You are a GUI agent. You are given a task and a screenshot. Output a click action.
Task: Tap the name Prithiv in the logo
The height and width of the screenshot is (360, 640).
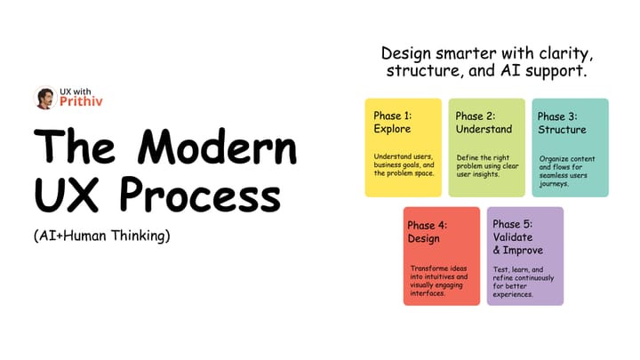point(81,104)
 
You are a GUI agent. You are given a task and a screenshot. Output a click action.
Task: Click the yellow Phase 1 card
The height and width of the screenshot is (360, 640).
point(403,147)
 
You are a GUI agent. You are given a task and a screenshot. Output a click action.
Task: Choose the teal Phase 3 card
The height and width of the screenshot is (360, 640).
point(570,147)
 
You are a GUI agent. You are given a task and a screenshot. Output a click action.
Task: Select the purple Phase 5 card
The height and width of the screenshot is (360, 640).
point(524,256)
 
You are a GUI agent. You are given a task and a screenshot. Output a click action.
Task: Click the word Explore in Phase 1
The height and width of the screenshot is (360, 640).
point(392,130)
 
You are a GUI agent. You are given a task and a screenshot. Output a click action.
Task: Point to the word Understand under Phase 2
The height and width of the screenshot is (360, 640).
point(484,130)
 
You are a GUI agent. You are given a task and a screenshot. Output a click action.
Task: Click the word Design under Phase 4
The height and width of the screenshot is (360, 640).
point(424,239)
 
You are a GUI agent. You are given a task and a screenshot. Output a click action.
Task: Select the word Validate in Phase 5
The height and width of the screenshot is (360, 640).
point(512,238)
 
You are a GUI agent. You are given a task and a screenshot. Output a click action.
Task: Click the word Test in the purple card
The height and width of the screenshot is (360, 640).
point(501,268)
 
